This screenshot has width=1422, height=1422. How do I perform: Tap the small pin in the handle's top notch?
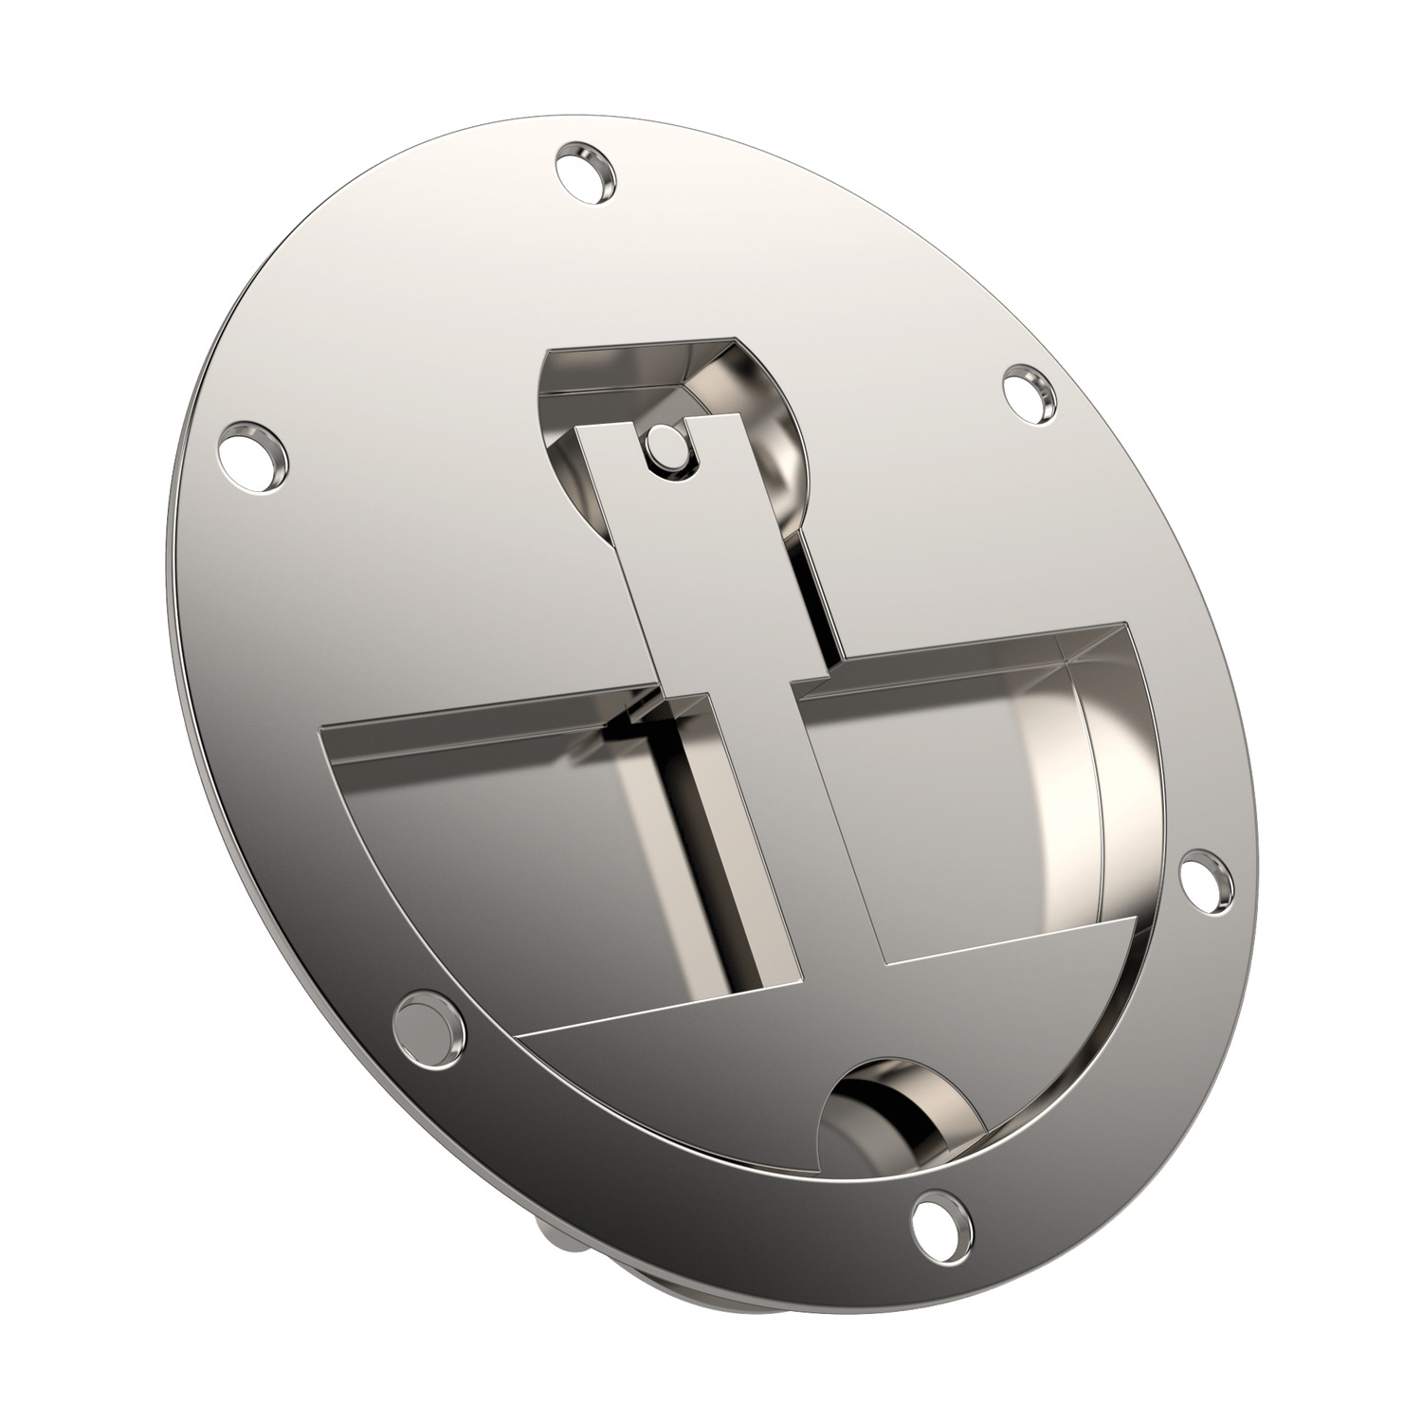click(667, 443)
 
